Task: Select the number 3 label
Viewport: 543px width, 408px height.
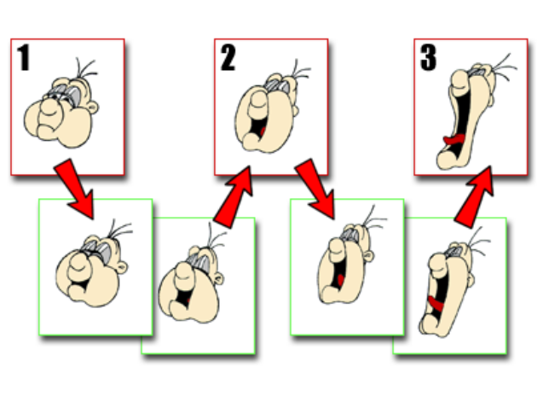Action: point(428,58)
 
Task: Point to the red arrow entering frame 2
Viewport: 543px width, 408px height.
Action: point(234,198)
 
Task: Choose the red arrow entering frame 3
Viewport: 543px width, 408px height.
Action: point(475,197)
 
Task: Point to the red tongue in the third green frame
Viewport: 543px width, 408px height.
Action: point(340,279)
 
